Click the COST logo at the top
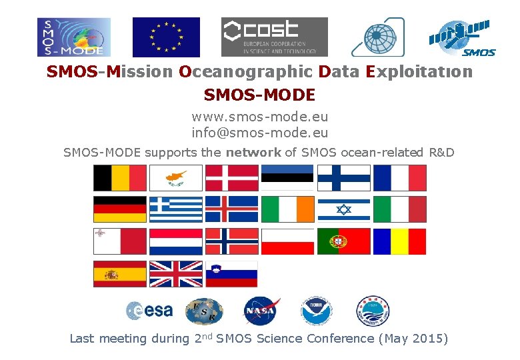pyautogui.click(x=274, y=37)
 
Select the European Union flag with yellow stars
pyautogui.click(x=166, y=37)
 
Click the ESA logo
pyautogui.click(x=149, y=311)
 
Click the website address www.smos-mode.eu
pyautogui.click(x=260, y=117)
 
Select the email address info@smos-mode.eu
pyautogui.click(x=260, y=133)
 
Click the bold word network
pyautogui.click(x=253, y=153)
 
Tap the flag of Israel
pyautogui.click(x=343, y=209)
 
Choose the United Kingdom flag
pyautogui.click(x=175, y=273)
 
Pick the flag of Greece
pyautogui.click(x=175, y=209)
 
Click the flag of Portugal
pyautogui.click(x=343, y=241)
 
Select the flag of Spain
pyautogui.click(x=119, y=273)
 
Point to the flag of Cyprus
pyautogui.click(x=175, y=177)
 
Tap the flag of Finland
pyautogui.click(x=343, y=177)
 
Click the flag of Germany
pyautogui.click(x=119, y=209)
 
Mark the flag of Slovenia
pyautogui.click(x=231, y=273)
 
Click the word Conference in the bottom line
pyautogui.click(x=341, y=339)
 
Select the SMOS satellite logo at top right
pyautogui.click(x=461, y=37)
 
